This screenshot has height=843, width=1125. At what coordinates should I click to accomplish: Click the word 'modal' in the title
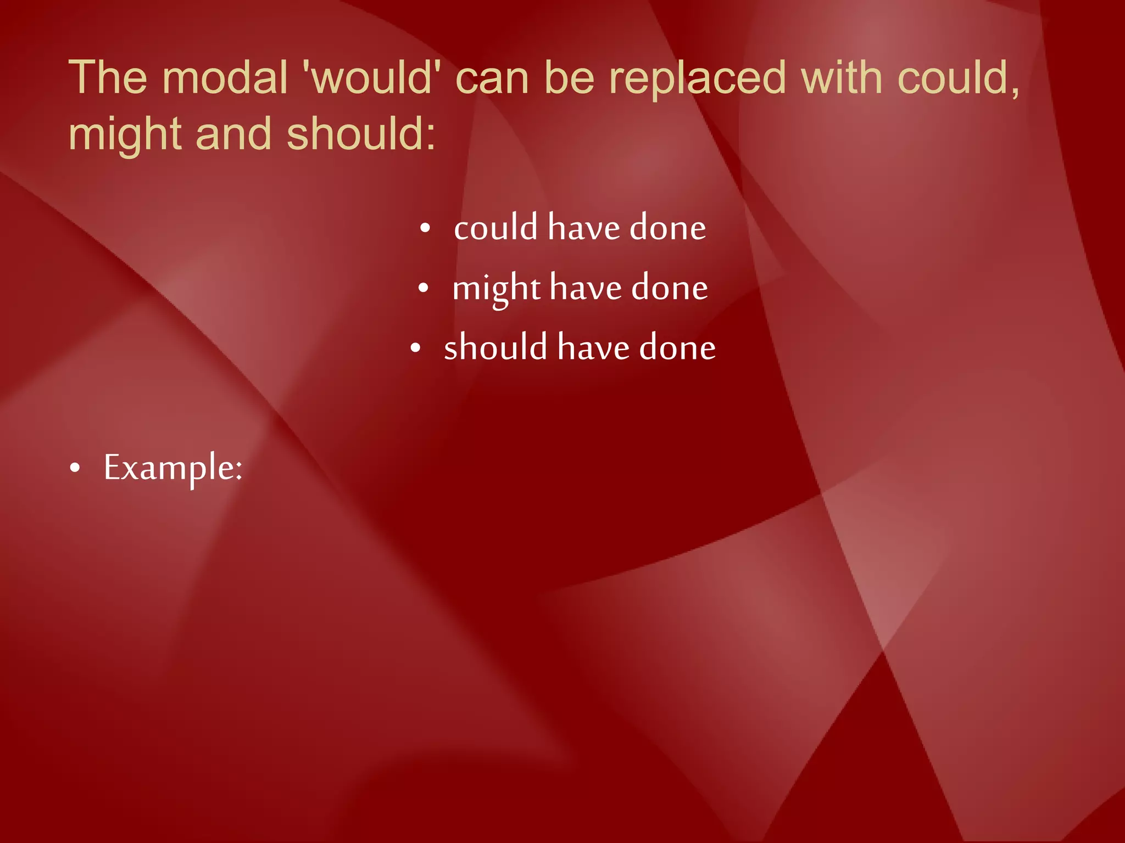coord(225,77)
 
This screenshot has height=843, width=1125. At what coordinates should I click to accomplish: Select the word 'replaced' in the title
coord(698,78)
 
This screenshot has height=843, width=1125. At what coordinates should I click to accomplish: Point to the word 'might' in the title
coord(125,135)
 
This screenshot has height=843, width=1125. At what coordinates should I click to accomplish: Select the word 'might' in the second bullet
coord(496,288)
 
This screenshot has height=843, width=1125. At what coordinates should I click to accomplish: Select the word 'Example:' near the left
coord(173,468)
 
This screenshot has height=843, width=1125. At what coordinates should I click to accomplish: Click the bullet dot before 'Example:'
coord(75,468)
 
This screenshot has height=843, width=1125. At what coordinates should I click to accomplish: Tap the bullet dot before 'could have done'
coord(425,228)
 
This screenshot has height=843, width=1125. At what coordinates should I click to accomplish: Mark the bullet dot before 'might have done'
coord(423,288)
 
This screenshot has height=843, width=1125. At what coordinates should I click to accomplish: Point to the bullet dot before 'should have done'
coord(415,348)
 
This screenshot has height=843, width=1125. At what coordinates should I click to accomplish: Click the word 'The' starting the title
coord(108,77)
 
